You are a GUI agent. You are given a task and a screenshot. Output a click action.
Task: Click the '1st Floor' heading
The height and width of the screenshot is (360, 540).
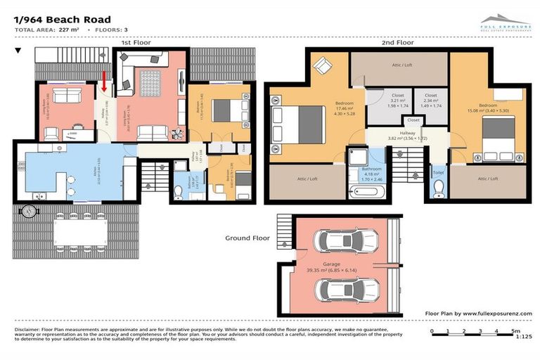point(135,42)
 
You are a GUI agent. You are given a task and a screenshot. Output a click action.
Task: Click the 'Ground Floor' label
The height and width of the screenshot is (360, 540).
point(247,238)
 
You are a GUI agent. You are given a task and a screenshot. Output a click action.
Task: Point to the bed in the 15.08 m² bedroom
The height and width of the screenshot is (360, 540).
point(500,136)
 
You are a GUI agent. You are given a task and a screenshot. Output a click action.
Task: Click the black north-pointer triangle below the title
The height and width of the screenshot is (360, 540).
point(18,51)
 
